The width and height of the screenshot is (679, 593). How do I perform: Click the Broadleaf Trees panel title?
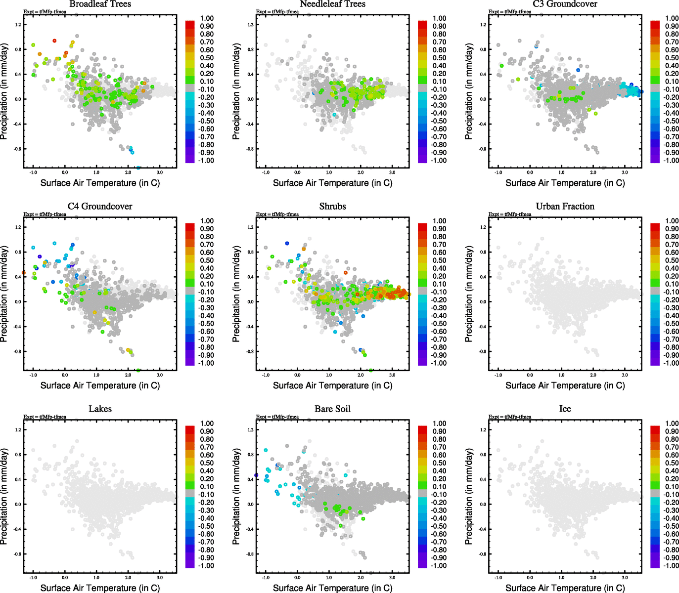point(100,4)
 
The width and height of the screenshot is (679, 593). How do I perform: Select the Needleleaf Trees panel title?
point(332,4)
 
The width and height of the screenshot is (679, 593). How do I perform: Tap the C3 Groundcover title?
point(565,4)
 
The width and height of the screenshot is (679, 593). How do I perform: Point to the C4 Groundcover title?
point(100,207)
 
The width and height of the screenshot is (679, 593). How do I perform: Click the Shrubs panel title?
point(332,207)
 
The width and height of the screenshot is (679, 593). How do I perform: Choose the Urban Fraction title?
point(565,207)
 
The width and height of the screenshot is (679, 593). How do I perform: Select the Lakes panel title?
point(100,409)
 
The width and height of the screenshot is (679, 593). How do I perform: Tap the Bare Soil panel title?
point(332,409)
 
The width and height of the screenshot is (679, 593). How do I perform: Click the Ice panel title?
point(565,409)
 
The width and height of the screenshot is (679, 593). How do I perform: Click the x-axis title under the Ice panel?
point(565,588)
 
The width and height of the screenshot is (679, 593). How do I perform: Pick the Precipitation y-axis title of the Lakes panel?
point(4,497)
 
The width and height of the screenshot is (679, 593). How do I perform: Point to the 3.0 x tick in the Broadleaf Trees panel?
point(160,172)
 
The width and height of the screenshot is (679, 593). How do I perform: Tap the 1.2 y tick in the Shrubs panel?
point(250,227)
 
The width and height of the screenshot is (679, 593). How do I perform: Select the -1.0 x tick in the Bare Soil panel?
point(266,578)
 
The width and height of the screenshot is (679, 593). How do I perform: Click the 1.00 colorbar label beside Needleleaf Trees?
point(440,18)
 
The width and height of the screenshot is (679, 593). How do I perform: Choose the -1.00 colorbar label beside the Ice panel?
point(672,566)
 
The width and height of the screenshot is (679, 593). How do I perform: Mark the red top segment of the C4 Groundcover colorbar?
point(190,227)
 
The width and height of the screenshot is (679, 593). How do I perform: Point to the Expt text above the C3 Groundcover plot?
point(510,12)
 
